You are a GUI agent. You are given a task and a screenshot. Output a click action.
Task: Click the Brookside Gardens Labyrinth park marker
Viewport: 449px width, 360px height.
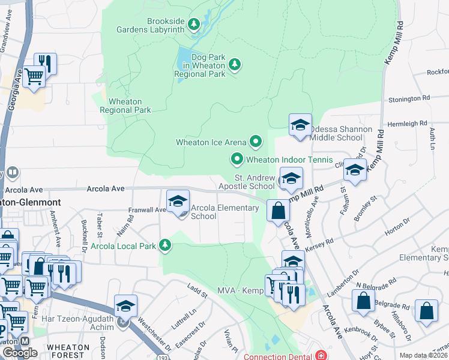point(193,25)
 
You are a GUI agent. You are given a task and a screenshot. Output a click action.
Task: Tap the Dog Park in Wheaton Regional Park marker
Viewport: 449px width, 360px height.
point(235,64)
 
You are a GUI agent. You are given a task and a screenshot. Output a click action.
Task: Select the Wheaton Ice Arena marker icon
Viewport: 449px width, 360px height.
point(256,142)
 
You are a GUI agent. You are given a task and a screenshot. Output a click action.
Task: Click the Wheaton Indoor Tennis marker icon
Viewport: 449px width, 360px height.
point(237,159)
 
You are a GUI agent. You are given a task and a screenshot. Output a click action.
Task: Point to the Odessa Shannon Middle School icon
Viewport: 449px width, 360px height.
point(300,126)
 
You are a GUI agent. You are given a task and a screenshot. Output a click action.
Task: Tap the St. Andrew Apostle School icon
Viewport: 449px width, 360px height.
point(291,179)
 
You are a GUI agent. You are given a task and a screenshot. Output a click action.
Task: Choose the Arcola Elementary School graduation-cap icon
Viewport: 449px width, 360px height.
point(178,202)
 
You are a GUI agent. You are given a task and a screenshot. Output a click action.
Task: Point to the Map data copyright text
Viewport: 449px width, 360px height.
point(423,355)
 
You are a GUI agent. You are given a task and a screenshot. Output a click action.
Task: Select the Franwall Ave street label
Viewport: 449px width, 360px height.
point(147,210)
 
